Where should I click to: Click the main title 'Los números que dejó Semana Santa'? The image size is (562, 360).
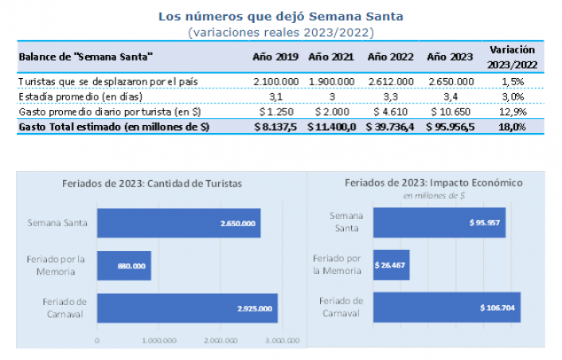point(280,16)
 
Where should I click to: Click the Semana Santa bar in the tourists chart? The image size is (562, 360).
point(178,223)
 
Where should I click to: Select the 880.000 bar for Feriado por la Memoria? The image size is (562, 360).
point(123,265)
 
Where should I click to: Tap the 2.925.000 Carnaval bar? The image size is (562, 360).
point(187,308)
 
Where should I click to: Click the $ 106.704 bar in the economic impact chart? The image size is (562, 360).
point(446,307)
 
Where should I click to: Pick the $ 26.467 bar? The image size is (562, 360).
point(391,264)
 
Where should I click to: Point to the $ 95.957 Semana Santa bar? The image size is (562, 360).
point(439,222)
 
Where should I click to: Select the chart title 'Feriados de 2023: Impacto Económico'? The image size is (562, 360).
point(433,182)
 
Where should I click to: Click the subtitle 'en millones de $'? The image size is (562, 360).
point(433,194)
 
